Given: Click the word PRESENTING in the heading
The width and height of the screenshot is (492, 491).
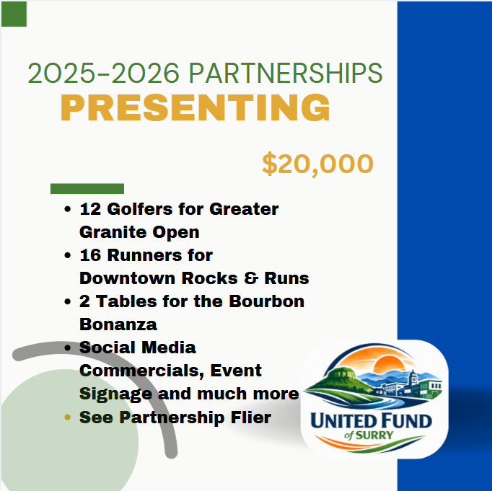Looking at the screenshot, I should click(195, 108).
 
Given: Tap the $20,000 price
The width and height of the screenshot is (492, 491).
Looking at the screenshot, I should click(317, 164).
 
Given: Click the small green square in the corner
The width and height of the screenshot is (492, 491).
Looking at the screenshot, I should click(14, 14).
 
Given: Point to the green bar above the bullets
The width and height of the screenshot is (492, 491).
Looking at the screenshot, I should click(87, 188).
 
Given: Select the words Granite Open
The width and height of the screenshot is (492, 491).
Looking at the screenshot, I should click(139, 233).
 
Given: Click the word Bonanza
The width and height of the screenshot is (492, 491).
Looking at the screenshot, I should click(118, 324).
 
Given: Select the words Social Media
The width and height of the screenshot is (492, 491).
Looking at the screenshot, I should click(137, 348).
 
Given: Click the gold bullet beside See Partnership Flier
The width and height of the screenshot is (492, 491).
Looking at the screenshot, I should click(67, 417).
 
